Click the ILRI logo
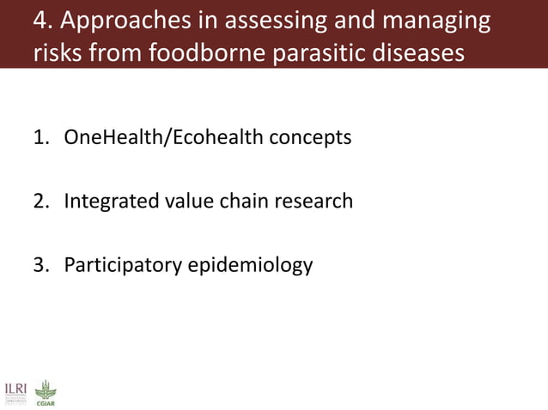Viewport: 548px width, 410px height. click(15, 392)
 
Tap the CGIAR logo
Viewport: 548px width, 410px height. click(43, 392)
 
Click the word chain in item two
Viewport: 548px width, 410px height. click(237, 202)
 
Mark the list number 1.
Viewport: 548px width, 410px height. click(40, 137)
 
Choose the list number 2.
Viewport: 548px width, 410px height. click(40, 202)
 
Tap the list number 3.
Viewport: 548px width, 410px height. click(40, 265)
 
